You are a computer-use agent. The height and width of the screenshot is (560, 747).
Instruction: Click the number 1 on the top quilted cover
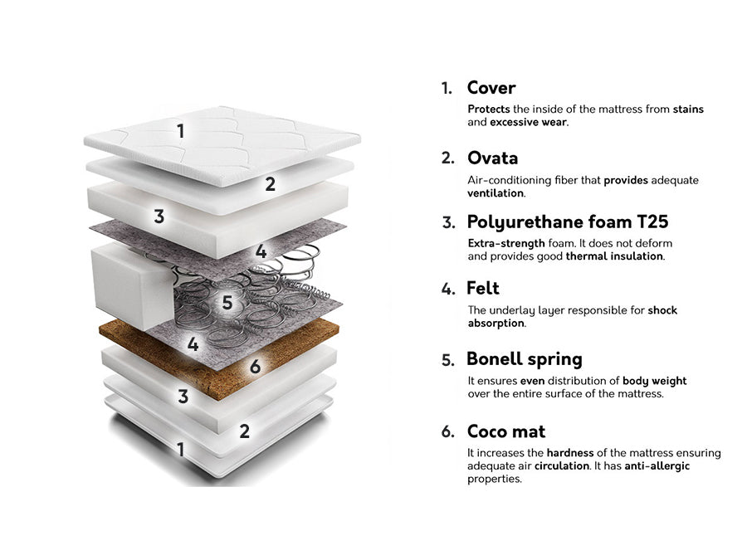point(181,131)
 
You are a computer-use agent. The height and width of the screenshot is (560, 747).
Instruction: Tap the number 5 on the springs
point(227,302)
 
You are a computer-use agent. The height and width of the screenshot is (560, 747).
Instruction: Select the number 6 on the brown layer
point(256,366)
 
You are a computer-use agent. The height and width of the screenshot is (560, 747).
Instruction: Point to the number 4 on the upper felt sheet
point(261,251)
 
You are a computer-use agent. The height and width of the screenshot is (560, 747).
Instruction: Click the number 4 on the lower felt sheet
point(193,343)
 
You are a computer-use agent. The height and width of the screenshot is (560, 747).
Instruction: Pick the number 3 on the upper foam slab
point(159,217)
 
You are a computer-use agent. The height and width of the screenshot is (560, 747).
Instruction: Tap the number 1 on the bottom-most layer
point(181,449)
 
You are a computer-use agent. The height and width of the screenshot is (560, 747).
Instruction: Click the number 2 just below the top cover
point(270,184)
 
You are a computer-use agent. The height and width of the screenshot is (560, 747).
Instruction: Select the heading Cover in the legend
point(491,88)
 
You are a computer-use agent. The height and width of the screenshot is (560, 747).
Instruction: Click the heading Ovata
point(492,158)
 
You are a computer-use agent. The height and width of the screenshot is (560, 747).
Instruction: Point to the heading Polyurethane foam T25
point(568,222)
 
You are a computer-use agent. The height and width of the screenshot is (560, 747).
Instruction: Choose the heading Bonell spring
point(525,359)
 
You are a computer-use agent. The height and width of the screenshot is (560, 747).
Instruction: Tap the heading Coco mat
point(506,431)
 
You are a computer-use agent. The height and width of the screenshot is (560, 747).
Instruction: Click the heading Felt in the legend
point(483,288)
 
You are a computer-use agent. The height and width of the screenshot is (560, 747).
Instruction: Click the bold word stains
point(688,109)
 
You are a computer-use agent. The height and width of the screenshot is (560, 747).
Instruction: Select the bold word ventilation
point(496,192)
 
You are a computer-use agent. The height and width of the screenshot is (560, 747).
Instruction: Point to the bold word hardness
point(569,452)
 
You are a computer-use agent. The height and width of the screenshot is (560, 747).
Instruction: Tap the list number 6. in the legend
point(448,431)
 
